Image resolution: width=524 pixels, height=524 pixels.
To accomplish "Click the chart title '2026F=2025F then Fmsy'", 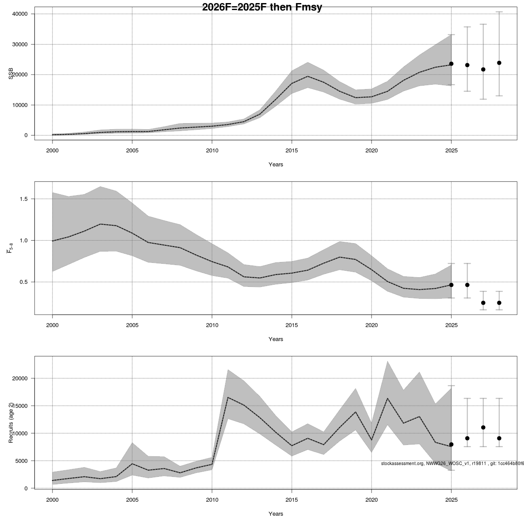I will (262, 7).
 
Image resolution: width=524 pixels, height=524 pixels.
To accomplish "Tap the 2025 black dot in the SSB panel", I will (451, 64).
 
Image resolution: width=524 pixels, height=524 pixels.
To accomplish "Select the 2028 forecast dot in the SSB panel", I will (499, 63).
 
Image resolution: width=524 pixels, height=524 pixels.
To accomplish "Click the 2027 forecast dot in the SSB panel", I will (483, 69).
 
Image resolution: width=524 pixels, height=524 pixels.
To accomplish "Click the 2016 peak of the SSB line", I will (307, 76).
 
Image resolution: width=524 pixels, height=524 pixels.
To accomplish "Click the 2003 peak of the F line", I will (100, 224).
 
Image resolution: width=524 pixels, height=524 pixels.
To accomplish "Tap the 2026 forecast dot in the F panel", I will (467, 285).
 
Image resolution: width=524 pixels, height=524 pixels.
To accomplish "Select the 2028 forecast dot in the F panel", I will (499, 303).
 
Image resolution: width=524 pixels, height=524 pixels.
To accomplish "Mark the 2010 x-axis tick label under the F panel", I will (212, 325).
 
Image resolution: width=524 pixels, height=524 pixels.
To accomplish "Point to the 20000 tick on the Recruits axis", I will (21, 378).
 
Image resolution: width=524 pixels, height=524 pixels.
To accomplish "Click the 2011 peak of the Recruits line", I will (228, 397).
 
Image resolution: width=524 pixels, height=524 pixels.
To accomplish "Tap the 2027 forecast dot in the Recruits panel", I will (483, 427).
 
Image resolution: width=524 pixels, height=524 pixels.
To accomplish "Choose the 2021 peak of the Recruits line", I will (387, 398).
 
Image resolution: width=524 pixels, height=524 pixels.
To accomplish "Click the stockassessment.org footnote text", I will (452, 463).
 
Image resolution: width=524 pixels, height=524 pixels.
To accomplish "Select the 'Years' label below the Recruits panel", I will (276, 514).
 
